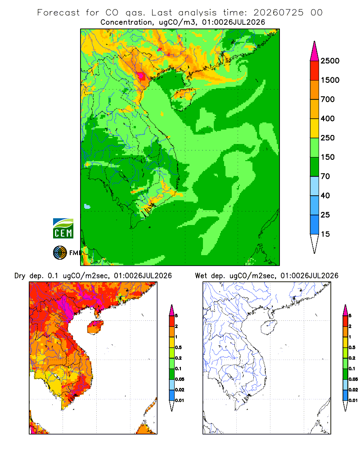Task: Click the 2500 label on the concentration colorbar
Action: [330, 61]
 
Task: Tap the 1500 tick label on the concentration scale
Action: [330, 80]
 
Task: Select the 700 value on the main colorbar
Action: [328, 99]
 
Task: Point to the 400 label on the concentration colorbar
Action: [328, 118]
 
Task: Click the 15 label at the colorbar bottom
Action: [325, 234]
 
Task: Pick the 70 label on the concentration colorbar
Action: [325, 176]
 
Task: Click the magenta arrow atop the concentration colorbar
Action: [315, 51]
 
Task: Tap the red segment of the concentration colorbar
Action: [315, 71]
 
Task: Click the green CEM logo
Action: [63, 229]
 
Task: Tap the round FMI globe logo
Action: [60, 253]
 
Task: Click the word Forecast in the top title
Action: [58, 13]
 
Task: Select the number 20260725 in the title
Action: [278, 13]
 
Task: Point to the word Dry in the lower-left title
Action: [20, 276]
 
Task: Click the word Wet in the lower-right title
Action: [201, 276]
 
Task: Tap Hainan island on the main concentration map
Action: [184, 99]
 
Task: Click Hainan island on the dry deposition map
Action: [95, 328]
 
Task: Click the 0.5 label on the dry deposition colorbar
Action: [178, 347]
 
